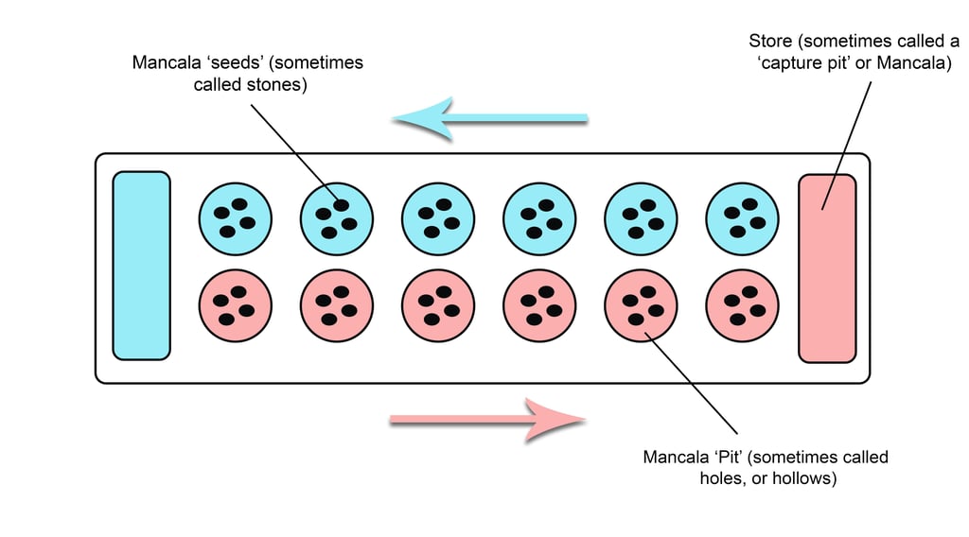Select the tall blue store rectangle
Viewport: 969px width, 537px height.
click(141, 266)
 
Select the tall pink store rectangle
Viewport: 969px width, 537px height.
click(827, 268)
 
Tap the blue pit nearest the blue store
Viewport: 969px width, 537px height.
click(235, 218)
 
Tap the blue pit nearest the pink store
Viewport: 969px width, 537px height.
click(743, 218)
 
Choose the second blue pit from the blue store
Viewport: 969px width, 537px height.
click(337, 218)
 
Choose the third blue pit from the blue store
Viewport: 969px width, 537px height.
click(438, 218)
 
